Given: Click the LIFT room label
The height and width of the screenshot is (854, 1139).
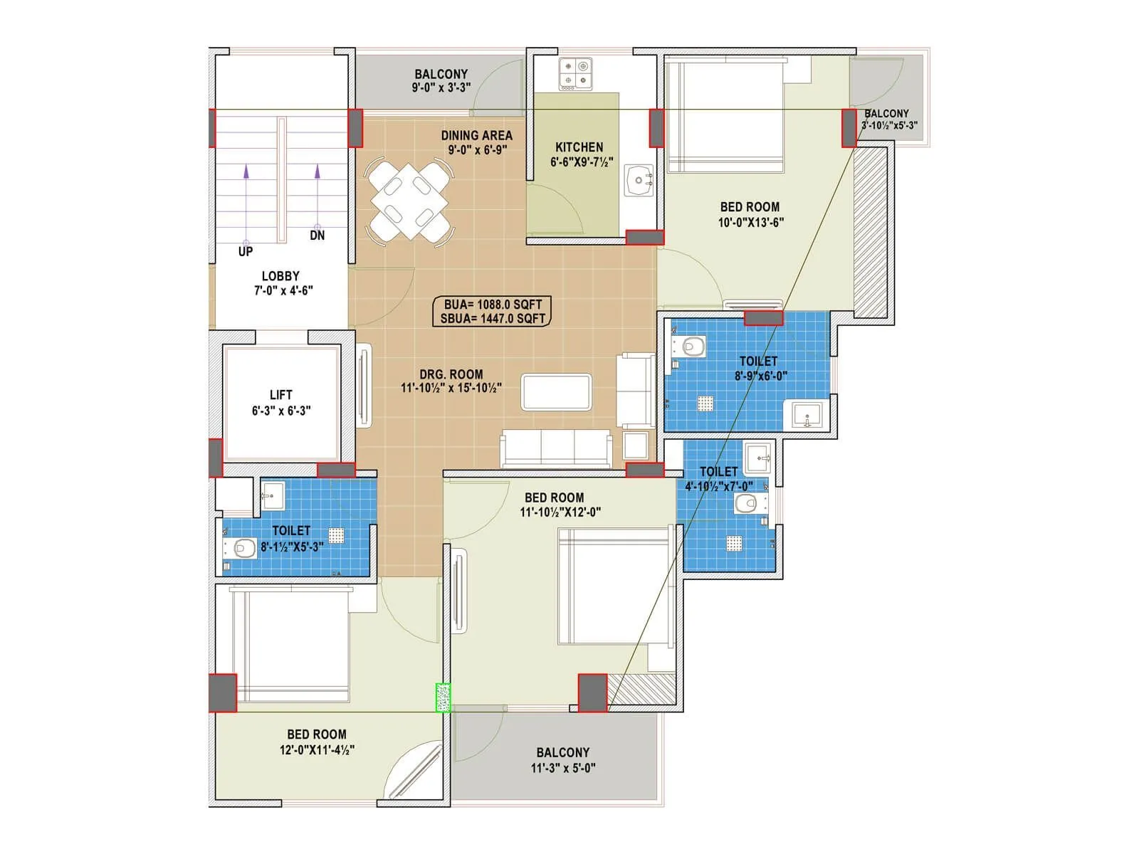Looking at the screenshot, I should (280, 395).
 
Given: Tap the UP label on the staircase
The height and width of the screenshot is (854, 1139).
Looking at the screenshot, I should (245, 252).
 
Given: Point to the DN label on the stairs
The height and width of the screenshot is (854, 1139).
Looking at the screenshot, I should (317, 236).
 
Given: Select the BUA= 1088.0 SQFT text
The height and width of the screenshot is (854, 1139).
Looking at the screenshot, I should (493, 304).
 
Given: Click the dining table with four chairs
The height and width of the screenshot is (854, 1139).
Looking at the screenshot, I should (409, 201).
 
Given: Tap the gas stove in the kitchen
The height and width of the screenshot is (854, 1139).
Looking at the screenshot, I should (575, 74).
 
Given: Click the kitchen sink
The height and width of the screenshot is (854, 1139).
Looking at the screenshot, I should (639, 180).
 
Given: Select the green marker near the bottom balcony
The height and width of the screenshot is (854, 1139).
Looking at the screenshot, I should (443, 697).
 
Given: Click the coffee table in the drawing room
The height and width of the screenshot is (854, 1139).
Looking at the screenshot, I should (557, 392).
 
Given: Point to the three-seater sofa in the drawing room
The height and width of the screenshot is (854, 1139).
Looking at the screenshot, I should (556, 448).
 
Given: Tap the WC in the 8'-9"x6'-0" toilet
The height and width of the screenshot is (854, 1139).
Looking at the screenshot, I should (691, 347).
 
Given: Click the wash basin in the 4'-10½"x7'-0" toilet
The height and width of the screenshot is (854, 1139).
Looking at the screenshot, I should (759, 457).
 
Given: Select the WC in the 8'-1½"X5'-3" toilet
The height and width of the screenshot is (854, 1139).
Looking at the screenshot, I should (242, 549).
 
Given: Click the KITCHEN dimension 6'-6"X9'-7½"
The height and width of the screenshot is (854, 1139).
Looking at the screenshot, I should (582, 162).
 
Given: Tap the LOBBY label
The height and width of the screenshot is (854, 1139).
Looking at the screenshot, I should (280, 276).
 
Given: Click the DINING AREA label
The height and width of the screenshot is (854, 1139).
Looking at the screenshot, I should (476, 135).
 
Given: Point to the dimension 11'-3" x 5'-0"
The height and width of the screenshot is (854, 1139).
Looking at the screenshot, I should (563, 768).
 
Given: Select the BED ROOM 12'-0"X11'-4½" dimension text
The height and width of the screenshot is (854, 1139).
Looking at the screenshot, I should (317, 749).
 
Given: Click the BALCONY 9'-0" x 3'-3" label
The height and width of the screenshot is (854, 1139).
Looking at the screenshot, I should (441, 74).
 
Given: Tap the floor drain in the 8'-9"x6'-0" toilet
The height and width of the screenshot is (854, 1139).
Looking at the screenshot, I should (705, 404).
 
